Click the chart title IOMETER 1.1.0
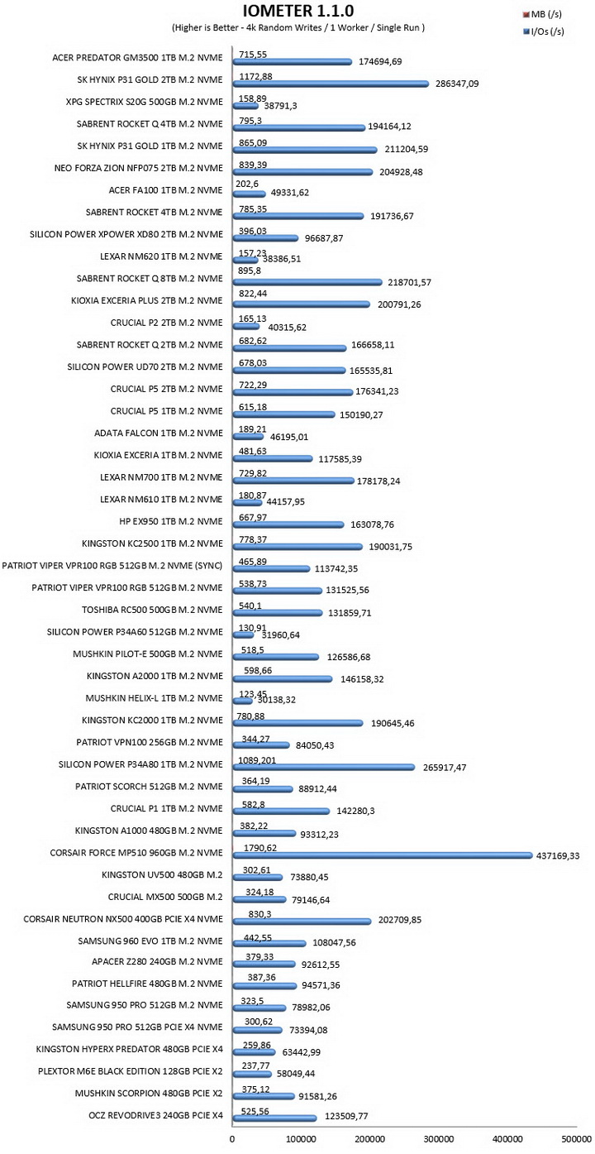[x=298, y=11]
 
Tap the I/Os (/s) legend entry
[x=543, y=31]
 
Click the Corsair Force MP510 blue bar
[x=383, y=855]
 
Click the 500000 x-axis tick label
[x=576, y=1139]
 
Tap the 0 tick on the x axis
[x=232, y=1139]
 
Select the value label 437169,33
[x=558, y=855]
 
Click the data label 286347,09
[x=457, y=84]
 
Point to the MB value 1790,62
[x=260, y=847]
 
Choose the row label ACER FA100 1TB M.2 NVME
[x=166, y=190]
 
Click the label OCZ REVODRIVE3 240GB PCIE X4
[x=155, y=1115]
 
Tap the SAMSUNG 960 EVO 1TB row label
[x=150, y=941]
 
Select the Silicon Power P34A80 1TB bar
[x=324, y=767]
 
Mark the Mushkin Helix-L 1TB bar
[x=242, y=701]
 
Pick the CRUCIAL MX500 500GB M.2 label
[x=165, y=897]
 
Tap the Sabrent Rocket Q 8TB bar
[x=307, y=282]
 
